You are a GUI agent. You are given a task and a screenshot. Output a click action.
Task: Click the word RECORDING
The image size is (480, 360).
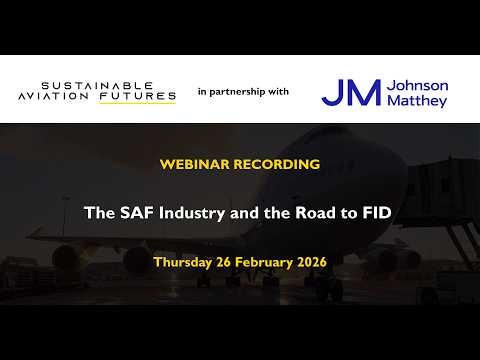coord(274,162)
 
